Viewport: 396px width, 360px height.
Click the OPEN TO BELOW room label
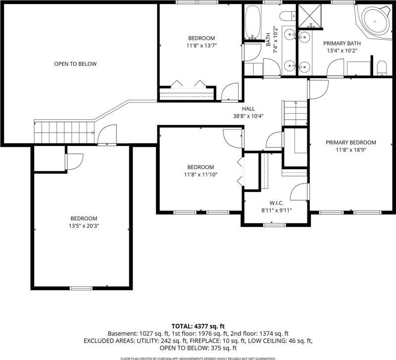click(75, 64)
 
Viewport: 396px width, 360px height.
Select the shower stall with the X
click(310, 15)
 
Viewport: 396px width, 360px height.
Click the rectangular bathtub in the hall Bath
click(252, 22)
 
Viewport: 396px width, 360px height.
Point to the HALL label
click(248, 109)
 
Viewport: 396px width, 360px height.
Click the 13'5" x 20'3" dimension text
click(84, 226)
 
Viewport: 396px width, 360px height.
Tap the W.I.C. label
click(277, 203)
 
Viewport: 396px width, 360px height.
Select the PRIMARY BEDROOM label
click(351, 142)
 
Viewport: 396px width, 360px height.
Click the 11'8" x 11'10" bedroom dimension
click(201, 175)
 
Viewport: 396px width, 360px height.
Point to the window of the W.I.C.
click(274, 225)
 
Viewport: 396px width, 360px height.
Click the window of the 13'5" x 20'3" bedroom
click(81, 288)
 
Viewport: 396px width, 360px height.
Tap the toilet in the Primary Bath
click(382, 68)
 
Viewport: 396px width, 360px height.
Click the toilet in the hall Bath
click(288, 16)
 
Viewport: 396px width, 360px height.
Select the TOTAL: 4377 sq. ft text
click(198, 326)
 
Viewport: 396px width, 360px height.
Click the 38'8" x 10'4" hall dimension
click(248, 116)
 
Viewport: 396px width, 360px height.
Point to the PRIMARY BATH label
click(342, 44)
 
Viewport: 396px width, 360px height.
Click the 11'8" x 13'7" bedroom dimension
click(201, 45)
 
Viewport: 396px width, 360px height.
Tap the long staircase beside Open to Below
click(64, 132)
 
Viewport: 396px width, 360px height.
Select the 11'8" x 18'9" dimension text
click(351, 150)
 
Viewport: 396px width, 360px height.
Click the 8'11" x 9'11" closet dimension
click(277, 210)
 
